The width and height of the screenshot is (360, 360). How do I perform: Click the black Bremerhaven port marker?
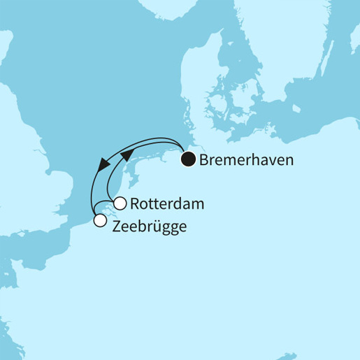click(x=188, y=160)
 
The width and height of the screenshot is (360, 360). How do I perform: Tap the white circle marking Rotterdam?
click(x=120, y=204)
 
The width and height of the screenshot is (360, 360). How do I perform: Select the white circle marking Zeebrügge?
click(x=100, y=222)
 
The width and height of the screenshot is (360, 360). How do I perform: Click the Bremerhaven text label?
click(x=246, y=160)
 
